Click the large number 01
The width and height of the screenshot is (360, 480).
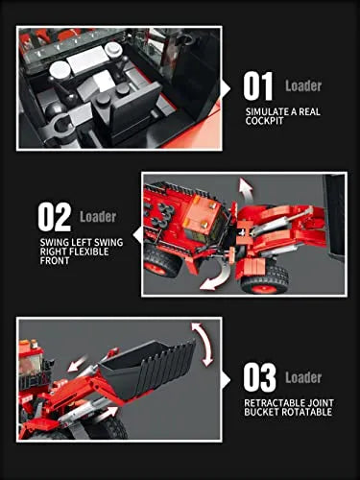[258, 86]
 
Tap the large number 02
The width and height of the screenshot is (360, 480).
[54, 217]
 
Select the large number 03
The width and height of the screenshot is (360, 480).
[259, 377]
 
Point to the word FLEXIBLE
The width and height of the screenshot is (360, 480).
[89, 252]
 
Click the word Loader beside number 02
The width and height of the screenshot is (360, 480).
[98, 217]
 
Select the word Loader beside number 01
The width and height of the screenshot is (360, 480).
[303, 85]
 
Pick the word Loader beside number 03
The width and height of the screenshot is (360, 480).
[303, 377]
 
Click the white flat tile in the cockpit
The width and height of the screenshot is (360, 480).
[87, 60]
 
